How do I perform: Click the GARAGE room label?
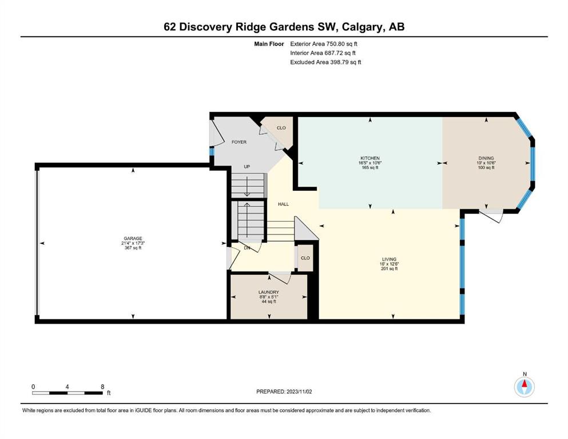click(133, 238)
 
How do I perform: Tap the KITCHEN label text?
click(370, 158)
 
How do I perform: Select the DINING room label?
click(486, 158)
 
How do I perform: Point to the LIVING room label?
click(389, 259)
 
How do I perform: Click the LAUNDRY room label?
click(269, 292)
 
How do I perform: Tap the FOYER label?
click(239, 142)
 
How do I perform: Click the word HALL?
click(283, 204)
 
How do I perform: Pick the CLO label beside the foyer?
click(281, 127)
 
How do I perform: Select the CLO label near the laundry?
click(305, 258)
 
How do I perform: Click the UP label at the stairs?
click(247, 167)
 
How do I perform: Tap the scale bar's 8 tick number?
click(102, 386)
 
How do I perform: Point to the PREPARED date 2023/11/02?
click(299, 392)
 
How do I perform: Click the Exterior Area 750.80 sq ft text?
click(324, 44)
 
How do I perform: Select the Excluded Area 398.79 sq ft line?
click(325, 62)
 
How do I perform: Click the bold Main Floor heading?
click(269, 44)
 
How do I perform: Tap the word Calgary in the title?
click(363, 27)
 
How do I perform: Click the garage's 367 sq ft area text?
click(133, 248)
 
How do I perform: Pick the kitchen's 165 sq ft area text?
click(370, 167)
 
